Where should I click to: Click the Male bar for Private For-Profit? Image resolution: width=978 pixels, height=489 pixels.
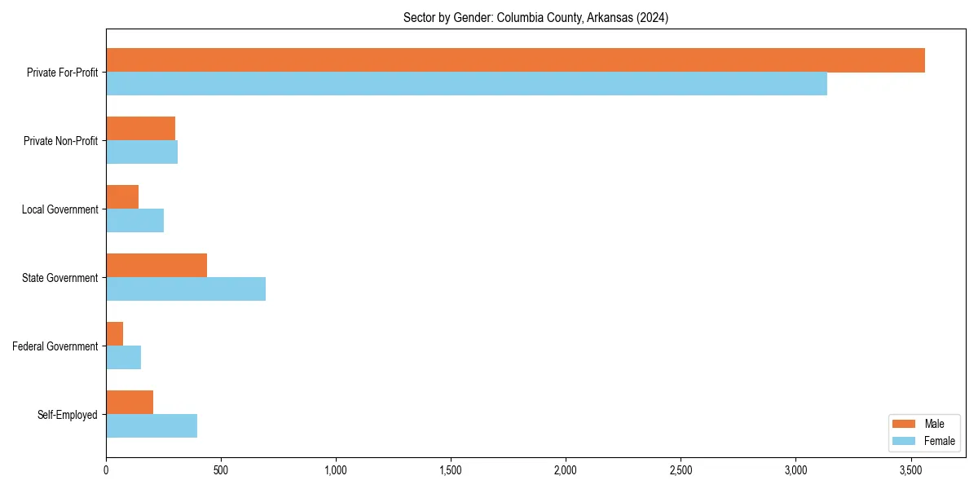coord(515,60)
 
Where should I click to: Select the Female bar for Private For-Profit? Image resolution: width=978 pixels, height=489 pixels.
coord(466,84)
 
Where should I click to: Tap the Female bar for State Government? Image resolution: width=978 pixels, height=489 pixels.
coord(186,289)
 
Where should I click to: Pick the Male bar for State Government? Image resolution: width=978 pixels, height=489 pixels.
coord(156,266)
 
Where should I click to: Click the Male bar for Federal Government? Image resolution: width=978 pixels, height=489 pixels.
coord(115,334)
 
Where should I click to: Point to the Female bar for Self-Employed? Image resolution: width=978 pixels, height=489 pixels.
coord(152,426)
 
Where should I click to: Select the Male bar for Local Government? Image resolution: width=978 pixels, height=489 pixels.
coord(122,197)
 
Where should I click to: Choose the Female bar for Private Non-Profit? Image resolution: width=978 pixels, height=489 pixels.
coord(142,152)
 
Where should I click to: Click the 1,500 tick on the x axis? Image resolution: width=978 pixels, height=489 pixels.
coord(451,470)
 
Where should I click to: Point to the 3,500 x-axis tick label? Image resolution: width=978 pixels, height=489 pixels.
coord(910,470)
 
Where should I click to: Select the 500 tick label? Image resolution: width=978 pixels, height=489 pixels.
coord(221,470)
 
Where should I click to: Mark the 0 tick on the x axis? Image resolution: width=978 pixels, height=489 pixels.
coord(106,470)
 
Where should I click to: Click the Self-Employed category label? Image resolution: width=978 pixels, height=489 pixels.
coord(67,415)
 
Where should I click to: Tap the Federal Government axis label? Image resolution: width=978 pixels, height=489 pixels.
coord(55,346)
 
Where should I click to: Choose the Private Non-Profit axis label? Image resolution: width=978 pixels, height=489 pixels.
coord(60,141)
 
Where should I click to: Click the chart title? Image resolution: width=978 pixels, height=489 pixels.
coord(535,18)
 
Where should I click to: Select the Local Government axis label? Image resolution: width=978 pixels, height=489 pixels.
coord(59,209)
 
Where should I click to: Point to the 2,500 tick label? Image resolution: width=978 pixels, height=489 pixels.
coord(681,470)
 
